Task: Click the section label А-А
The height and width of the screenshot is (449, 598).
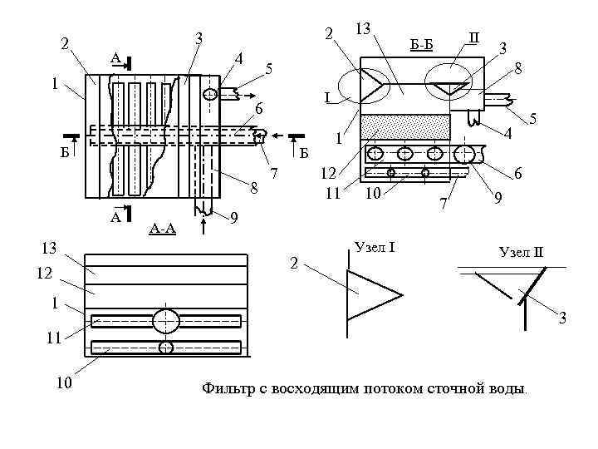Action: coord(162,228)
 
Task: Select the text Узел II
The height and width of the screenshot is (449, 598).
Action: coord(520,252)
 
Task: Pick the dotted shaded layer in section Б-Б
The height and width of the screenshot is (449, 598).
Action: coord(405,127)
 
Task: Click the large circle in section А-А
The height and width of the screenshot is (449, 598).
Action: coord(165,320)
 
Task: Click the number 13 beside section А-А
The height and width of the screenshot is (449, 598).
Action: coord(50,247)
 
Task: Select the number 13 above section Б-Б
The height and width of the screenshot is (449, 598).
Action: coord(362,29)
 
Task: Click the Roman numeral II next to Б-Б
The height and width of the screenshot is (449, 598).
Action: coord(473,37)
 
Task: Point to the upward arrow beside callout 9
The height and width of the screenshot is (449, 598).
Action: coord(202,220)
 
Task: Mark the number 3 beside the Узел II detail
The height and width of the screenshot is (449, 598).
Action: coord(562,318)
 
